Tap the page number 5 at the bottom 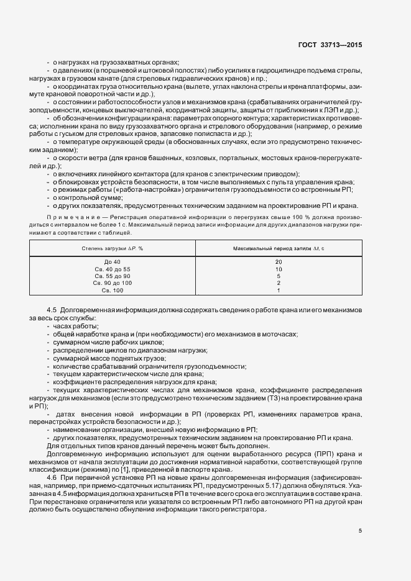click(x=360, y=531)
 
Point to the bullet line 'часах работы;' click(x=76, y=326)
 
